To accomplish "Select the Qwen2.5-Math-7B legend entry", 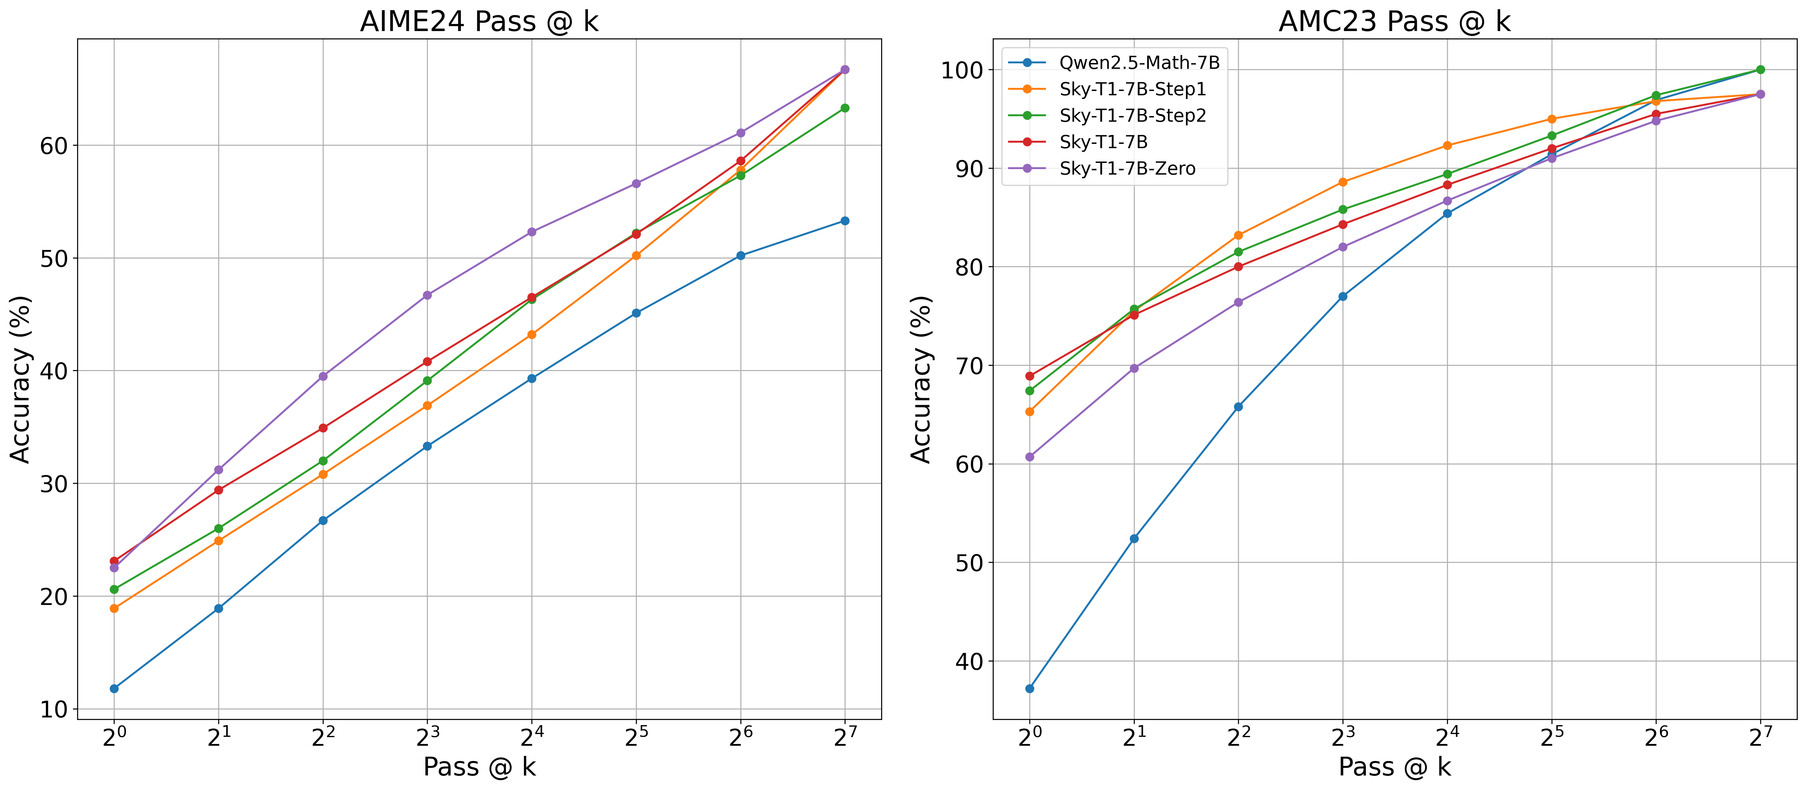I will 1138,62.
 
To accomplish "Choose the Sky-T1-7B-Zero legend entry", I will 1127,168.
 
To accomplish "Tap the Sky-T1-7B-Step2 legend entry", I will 1132,116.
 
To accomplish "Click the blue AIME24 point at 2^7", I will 845,221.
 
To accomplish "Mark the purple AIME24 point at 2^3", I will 427,295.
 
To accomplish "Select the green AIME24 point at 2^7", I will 845,108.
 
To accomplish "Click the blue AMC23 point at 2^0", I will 1029,688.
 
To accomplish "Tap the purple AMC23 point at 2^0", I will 1029,457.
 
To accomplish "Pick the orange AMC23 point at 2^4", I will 1447,146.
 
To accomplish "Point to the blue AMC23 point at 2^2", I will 1238,407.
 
